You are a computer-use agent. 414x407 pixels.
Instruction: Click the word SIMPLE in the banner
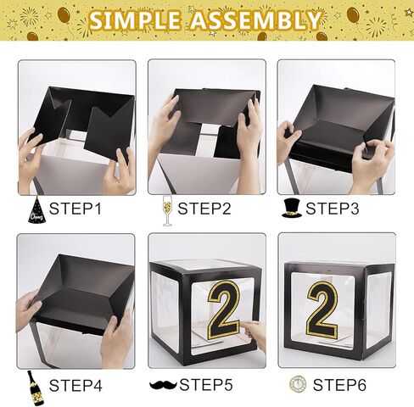pos(135,20)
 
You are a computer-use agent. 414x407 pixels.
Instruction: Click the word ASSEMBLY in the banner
pos(256,20)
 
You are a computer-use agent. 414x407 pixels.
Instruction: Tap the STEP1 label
pos(76,209)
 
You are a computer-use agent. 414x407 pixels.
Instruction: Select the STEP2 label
pos(204,209)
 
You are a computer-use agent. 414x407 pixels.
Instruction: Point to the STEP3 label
pos(333,209)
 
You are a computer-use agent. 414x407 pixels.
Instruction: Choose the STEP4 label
pos(76,385)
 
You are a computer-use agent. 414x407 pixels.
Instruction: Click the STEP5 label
pos(206,385)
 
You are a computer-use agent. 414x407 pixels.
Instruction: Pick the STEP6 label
pos(339,385)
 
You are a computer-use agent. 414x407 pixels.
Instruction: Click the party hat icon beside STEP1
pos(36,209)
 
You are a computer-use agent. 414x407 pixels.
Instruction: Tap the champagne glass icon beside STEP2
pos(167,211)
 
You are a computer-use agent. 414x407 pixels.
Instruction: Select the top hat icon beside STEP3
pos(292,208)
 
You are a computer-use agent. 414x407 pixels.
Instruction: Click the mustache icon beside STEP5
pos(163,385)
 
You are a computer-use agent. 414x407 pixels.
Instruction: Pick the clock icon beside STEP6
pos(298,384)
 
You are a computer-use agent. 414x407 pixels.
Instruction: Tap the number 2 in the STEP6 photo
pos(322,309)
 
